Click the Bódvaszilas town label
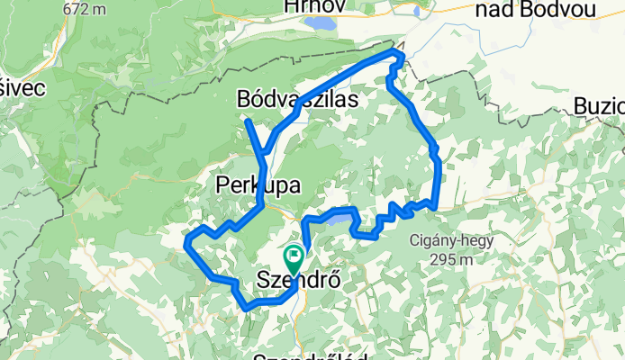tap(296, 99)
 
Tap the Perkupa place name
tap(257, 184)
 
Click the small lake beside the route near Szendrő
tap(331, 217)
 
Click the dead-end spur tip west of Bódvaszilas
tap(246, 120)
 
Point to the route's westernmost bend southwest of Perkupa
tap(186, 241)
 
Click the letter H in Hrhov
tap(290, 7)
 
